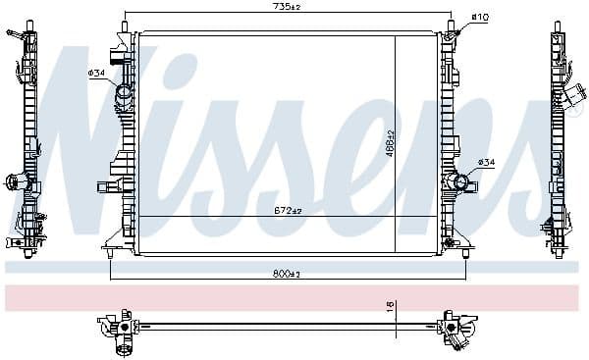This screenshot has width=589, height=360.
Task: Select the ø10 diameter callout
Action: tap(481, 17)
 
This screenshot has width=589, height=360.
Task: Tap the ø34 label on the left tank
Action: tap(97, 73)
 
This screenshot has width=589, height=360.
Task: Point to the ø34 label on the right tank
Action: tap(486, 162)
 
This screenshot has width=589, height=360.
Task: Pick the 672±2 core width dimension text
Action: tap(288, 210)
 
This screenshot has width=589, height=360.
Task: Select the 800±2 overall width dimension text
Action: tap(288, 274)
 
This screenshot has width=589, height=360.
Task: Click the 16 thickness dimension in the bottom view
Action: tap(389, 307)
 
